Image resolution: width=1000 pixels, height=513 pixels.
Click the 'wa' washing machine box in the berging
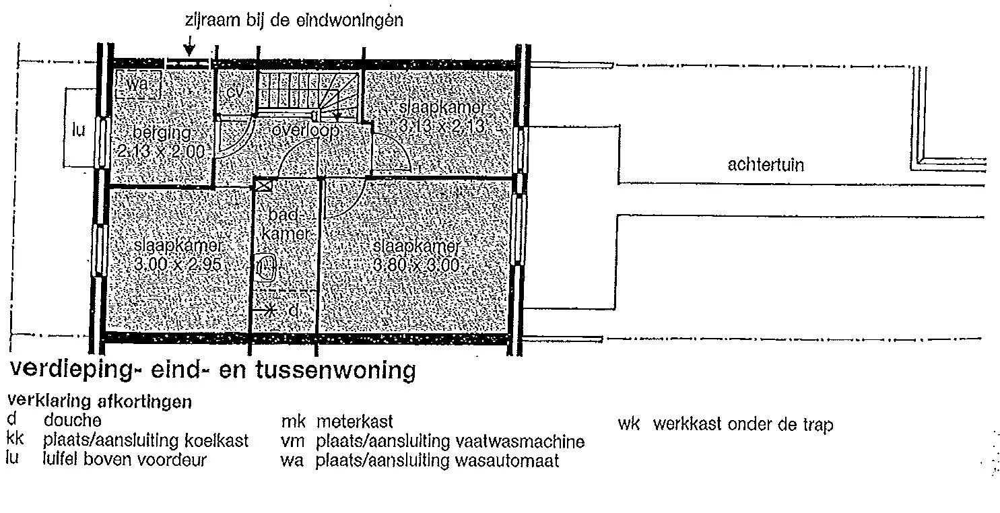tap(138, 85)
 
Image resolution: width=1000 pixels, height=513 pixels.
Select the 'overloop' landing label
tap(306, 131)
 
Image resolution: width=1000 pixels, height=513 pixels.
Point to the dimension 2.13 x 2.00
tap(160, 151)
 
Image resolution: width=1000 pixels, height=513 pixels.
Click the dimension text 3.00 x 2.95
tap(178, 264)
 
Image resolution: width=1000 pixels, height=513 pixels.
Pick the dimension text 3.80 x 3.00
tap(415, 265)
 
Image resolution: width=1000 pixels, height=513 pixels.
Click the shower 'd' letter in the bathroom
tap(293, 311)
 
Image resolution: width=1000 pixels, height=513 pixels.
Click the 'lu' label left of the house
tap(79, 130)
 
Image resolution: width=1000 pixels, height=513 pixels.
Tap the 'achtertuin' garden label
tap(765, 165)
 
